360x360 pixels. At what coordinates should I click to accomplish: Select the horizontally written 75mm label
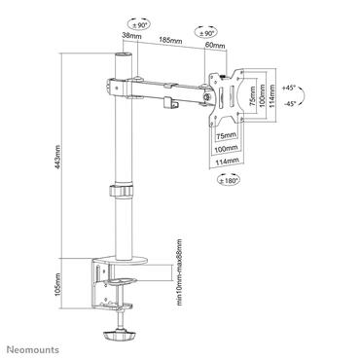tap(225, 134)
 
